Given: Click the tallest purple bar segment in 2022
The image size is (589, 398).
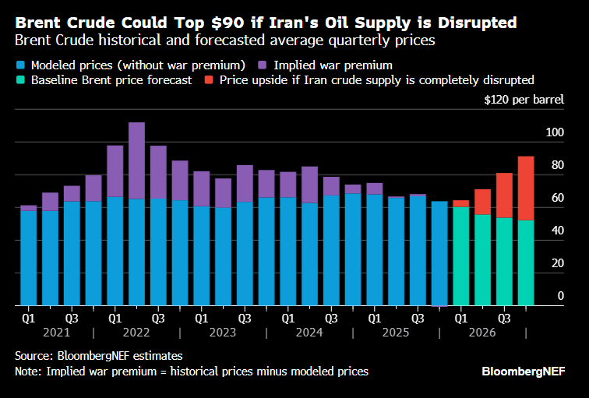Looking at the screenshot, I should pyautogui.click(x=136, y=160).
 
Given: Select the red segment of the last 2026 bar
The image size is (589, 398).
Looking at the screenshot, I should pyautogui.click(x=526, y=188).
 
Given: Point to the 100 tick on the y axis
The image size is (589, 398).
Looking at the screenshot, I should pyautogui.click(x=553, y=133).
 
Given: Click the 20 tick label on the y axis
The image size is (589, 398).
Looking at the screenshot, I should pyautogui.click(x=555, y=263).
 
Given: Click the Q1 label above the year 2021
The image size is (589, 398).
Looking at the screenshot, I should pyautogui.click(x=28, y=318).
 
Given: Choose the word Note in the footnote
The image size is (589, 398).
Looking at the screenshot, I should pyautogui.click(x=29, y=372).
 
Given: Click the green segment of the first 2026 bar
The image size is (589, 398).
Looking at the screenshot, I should pyautogui.click(x=461, y=255).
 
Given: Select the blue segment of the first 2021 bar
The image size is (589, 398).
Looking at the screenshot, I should pyautogui.click(x=28, y=257).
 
